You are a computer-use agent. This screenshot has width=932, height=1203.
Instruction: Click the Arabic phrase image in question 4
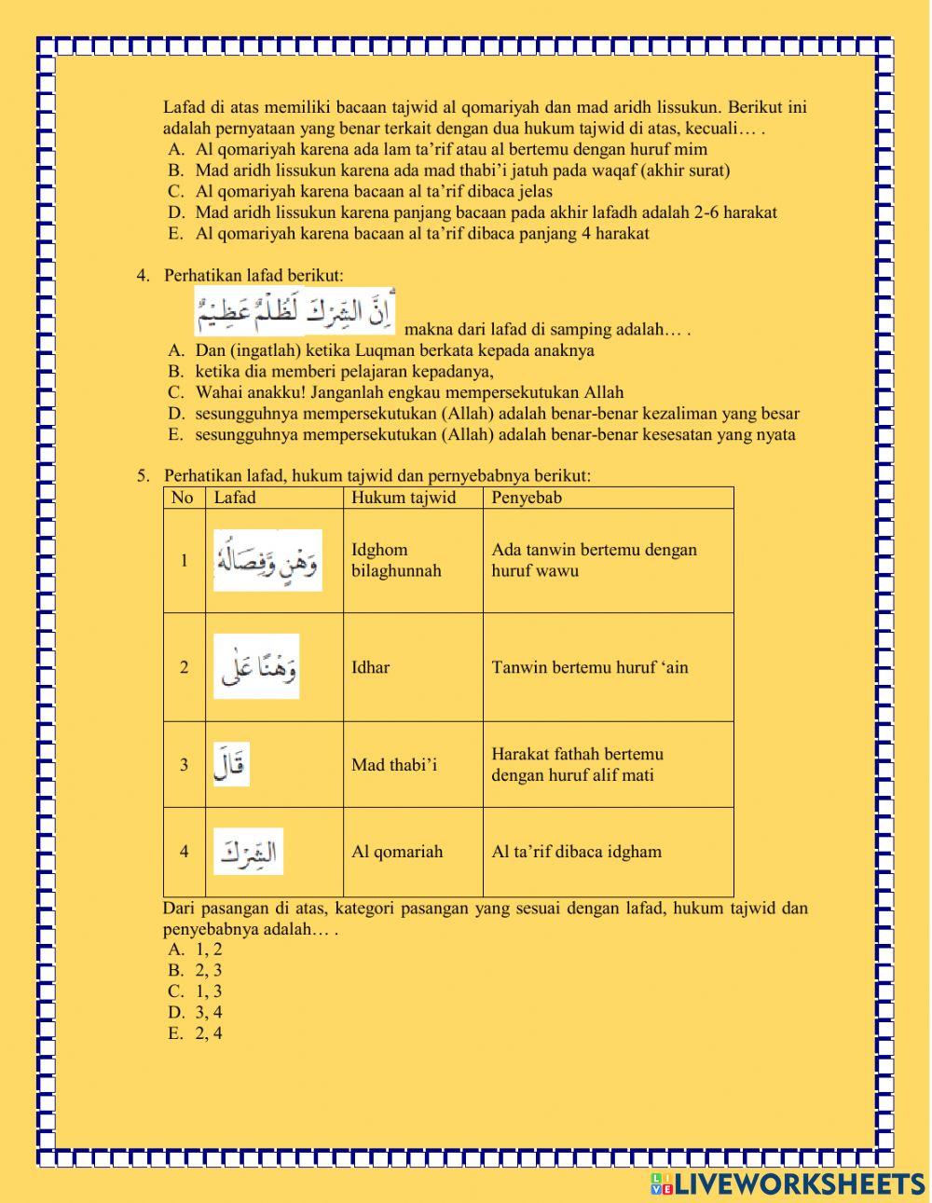click(295, 312)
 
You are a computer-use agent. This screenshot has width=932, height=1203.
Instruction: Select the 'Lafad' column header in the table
click(235, 498)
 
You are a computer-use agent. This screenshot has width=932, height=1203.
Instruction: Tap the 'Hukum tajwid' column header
click(404, 498)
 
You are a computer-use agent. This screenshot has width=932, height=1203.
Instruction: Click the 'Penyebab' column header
click(527, 498)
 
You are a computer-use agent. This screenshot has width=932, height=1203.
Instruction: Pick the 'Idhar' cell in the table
click(371, 667)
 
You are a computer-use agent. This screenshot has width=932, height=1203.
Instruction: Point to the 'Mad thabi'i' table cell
click(394, 765)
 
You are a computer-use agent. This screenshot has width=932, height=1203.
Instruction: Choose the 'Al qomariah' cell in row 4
click(397, 852)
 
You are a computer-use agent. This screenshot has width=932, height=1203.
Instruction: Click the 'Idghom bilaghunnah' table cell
click(396, 560)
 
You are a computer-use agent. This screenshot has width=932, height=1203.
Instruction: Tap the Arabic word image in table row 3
click(231, 764)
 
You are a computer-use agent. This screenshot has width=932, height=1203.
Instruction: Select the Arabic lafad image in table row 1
click(268, 560)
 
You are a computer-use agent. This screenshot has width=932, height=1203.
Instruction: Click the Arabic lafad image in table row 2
click(256, 666)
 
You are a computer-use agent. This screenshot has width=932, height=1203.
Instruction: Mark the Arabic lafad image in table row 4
click(248, 852)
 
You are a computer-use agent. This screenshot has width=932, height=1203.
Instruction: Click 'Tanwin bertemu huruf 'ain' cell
click(590, 667)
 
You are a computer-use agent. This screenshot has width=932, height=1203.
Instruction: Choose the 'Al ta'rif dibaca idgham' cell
click(577, 852)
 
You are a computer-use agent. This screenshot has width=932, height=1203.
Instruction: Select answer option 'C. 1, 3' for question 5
click(196, 991)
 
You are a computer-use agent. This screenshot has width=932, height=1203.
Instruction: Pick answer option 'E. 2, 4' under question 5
click(196, 1033)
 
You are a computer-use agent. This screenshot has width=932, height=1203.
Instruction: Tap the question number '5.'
click(143, 476)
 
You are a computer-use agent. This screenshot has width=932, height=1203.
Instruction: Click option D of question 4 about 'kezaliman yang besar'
click(497, 414)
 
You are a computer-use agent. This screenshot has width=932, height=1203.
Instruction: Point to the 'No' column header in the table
click(183, 498)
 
